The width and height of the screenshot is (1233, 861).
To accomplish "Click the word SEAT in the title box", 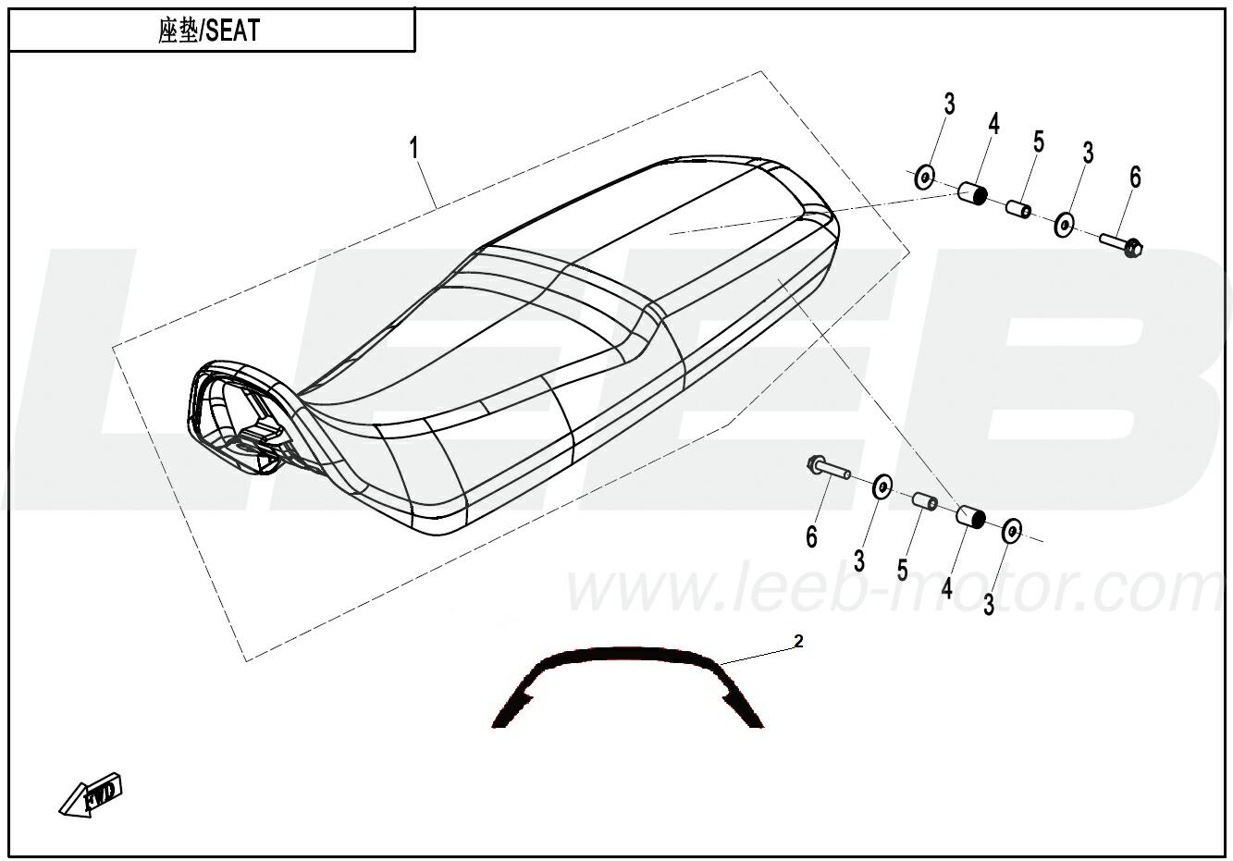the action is (x=232, y=31).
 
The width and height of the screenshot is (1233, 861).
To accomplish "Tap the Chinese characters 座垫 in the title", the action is (x=178, y=31).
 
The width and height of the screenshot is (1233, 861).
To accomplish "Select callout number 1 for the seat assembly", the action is (x=413, y=148).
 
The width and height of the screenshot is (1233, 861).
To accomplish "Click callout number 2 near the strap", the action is (x=798, y=641).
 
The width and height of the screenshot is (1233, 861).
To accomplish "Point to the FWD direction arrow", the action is (x=91, y=794).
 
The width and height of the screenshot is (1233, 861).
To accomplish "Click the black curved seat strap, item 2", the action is (x=627, y=655).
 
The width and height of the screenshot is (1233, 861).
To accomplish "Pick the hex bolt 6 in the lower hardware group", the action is (x=829, y=469).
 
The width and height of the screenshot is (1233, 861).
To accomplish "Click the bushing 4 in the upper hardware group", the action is (x=972, y=192).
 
